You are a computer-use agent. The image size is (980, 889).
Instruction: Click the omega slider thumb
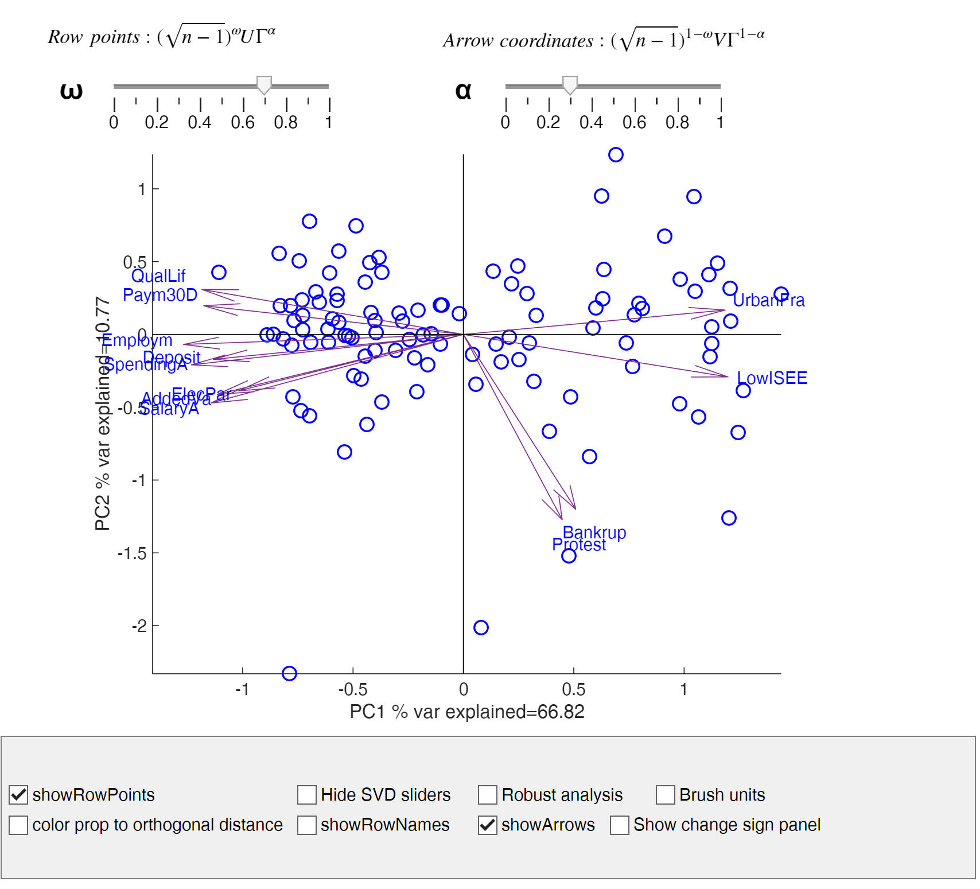tap(264, 85)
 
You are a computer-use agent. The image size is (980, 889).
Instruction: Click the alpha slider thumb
tap(570, 85)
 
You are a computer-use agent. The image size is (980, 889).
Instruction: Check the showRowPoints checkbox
tap(19, 794)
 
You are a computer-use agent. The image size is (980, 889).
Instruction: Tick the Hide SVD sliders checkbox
tap(307, 794)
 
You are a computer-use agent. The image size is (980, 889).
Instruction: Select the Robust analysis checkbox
tap(488, 794)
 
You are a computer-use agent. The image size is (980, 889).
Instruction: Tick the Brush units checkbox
tap(666, 794)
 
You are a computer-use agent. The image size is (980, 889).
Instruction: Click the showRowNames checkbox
tap(307, 825)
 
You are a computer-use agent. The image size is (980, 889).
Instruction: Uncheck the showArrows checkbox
tap(488, 825)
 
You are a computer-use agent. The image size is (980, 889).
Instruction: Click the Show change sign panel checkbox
tap(620, 825)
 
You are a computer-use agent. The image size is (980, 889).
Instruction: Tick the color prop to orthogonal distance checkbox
tap(19, 825)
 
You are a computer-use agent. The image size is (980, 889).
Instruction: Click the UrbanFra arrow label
tap(769, 300)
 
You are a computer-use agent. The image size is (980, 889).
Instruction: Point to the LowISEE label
tap(772, 378)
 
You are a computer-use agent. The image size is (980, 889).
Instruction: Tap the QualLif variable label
tap(158, 276)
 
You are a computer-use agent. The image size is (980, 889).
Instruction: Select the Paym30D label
tap(160, 295)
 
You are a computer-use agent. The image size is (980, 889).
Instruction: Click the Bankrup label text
tap(594, 532)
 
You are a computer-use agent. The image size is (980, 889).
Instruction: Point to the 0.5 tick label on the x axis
tap(573, 689)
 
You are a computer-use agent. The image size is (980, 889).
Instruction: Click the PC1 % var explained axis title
tap(467, 712)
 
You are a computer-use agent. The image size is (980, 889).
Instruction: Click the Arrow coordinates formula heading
tap(603, 39)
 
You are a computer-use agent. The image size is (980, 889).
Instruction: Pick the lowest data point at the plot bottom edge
tap(289, 673)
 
